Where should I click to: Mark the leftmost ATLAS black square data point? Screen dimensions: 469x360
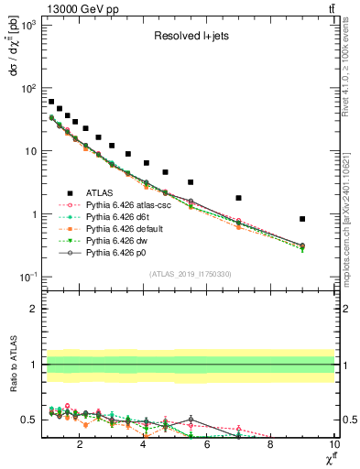tap(51, 102)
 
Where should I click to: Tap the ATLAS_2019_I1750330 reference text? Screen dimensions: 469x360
tap(190, 273)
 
